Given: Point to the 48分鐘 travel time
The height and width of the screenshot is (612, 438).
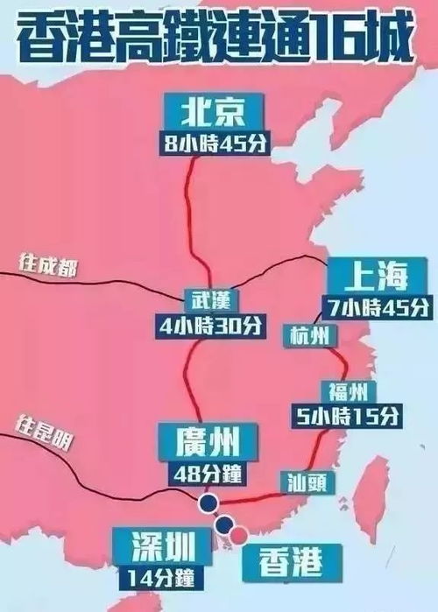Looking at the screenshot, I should [x=208, y=474].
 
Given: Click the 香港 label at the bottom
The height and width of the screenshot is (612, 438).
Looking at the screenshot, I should [x=279, y=557].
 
